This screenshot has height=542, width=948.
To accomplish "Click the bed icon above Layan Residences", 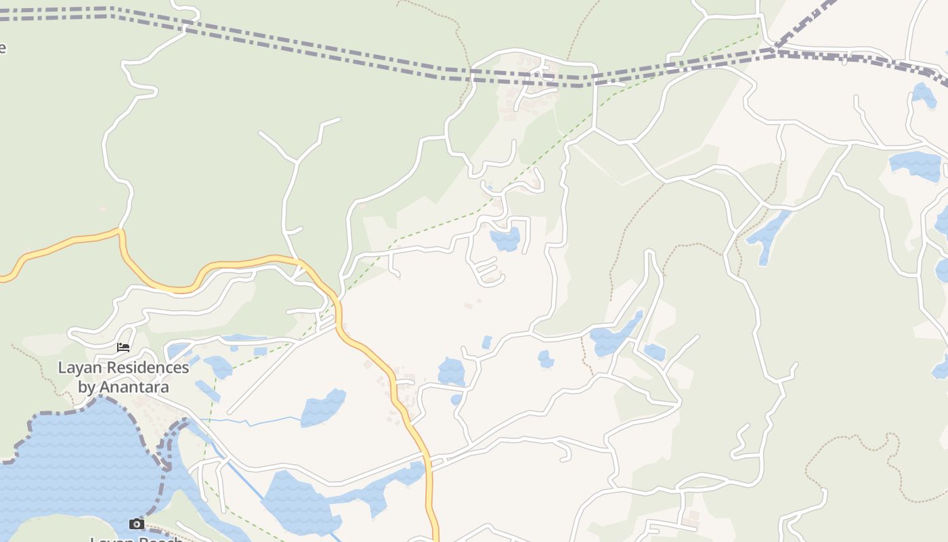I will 123,348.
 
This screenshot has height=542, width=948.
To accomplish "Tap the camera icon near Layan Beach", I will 137,524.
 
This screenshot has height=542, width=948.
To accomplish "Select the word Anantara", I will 133,388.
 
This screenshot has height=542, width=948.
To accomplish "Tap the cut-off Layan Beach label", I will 137,539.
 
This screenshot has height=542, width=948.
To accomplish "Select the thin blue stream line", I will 264,421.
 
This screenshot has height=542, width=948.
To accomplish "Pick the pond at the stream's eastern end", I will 324,408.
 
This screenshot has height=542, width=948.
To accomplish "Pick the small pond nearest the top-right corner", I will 924,94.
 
